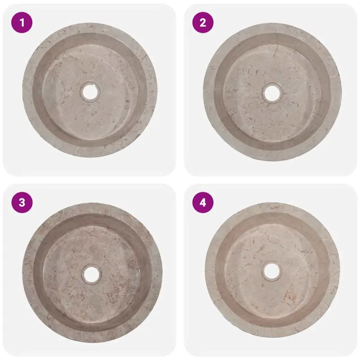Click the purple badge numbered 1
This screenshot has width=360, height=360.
point(22,22)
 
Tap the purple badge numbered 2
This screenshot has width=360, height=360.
point(203,22)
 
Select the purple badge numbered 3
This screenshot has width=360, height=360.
point(22,202)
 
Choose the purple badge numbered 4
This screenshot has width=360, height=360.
point(203,202)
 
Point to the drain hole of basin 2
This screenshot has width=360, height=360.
point(272,93)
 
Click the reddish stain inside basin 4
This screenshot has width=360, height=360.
point(290,295)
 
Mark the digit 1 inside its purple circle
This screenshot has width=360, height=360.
point(22,23)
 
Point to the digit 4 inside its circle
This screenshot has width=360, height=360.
point(203,202)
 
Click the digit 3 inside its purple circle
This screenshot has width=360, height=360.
point(22,202)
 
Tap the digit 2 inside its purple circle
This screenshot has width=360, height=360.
point(203,23)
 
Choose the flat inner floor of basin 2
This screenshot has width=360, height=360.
point(272,112)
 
